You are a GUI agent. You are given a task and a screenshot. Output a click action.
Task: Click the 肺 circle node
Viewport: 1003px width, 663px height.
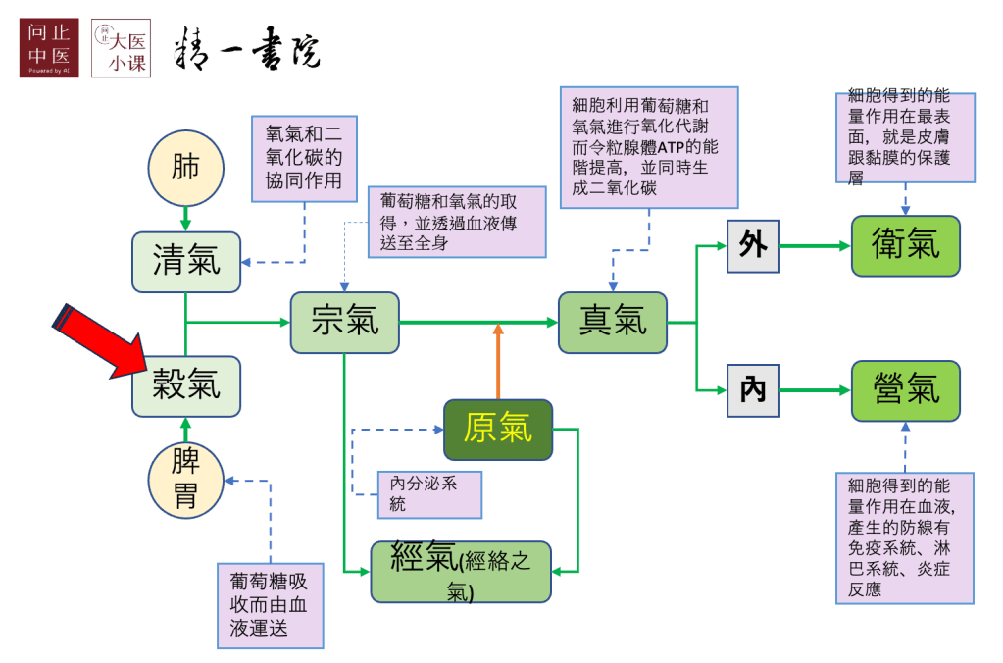[185, 168]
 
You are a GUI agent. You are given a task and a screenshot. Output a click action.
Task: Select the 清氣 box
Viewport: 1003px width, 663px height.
[186, 262]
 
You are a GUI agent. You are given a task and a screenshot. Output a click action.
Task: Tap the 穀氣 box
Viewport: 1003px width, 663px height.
[186, 385]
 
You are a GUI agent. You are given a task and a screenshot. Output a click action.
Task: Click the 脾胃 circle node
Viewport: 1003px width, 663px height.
[185, 479]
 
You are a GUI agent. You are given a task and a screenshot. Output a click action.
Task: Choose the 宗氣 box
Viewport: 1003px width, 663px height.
[344, 322]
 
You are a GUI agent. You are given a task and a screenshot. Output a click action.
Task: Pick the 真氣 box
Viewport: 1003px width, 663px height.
[613, 322]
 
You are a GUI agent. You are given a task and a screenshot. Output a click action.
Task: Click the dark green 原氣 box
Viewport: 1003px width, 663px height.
[498, 429]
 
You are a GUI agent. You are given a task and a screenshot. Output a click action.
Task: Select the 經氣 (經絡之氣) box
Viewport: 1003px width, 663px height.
[460, 571]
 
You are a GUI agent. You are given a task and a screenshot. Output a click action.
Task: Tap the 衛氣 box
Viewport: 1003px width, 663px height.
[905, 245]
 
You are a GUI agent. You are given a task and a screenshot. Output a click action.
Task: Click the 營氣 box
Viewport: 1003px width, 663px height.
[905, 390]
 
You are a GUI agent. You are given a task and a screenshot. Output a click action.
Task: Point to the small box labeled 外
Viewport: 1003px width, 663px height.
[753, 245]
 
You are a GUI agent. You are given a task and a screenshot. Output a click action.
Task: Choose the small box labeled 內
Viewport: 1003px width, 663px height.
[753, 390]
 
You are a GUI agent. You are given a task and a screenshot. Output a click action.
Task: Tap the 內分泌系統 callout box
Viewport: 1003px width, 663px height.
[430, 493]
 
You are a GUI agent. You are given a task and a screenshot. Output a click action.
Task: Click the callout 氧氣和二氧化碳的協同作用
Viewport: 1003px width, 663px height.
[304, 158]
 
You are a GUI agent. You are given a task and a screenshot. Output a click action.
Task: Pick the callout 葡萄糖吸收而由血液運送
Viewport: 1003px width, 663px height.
[270, 605]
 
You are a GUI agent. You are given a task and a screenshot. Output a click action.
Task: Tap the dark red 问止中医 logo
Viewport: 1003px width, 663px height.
[48, 47]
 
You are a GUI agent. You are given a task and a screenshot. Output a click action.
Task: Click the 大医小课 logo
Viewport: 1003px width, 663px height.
[121, 47]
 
